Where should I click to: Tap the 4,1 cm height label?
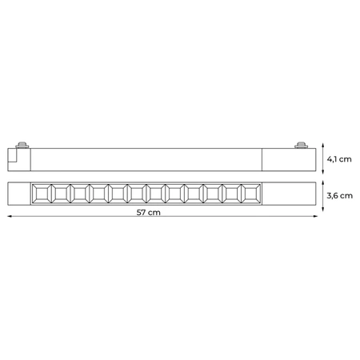click(339, 159)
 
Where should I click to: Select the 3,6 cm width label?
click(339, 194)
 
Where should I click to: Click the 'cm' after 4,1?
click(346, 159)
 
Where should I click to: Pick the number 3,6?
click(332, 194)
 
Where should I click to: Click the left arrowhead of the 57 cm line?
click(10, 216)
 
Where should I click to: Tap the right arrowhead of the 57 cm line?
click(314, 216)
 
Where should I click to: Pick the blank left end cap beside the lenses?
click(19, 194)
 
